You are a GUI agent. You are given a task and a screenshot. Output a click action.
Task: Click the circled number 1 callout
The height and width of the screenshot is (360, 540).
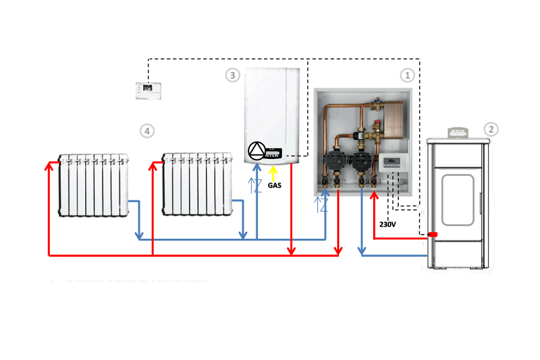[407, 76]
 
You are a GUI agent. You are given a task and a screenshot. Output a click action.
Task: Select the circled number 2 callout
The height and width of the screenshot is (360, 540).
[491, 130]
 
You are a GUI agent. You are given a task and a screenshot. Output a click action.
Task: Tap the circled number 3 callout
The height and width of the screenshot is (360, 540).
[232, 76]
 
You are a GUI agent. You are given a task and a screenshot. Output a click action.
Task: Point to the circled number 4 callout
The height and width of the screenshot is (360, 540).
[146, 130]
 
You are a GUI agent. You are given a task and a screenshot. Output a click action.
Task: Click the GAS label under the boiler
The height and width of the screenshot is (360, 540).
[274, 185]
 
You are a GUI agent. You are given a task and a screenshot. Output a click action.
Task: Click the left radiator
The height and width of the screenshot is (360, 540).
[94, 184]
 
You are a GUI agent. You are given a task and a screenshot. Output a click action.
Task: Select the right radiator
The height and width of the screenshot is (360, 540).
[197, 184]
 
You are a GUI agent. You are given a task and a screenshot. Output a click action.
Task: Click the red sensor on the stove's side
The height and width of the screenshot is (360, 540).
[431, 234]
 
